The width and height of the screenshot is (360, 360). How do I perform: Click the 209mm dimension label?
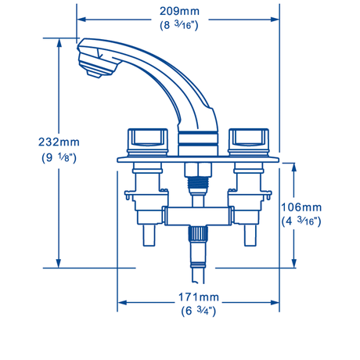179,12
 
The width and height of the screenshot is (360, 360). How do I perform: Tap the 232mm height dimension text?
59,142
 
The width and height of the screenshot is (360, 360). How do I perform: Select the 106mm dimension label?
301,207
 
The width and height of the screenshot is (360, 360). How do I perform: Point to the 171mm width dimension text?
199,297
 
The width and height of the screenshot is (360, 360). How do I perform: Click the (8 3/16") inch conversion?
179,25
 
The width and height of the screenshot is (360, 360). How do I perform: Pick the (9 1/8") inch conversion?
59,157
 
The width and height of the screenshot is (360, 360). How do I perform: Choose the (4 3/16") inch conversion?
301,221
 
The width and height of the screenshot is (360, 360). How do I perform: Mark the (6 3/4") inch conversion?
199,311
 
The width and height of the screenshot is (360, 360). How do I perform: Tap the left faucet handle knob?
147,142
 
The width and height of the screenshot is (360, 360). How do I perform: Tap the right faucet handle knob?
248,142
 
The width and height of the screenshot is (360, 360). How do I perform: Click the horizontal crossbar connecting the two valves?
198,216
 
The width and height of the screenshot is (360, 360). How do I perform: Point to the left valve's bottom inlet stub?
149,235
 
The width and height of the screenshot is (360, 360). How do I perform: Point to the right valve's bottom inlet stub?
250,235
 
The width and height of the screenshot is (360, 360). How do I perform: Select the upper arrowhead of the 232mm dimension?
59,43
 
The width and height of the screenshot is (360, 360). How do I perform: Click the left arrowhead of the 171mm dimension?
122,303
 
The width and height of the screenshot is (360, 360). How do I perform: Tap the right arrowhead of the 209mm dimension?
275,20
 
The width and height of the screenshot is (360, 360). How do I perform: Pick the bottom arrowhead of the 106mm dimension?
294,263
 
